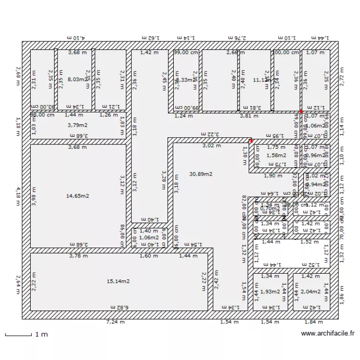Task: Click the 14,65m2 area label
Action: [78, 196]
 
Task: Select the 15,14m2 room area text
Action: [118, 281]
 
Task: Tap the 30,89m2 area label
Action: [201, 174]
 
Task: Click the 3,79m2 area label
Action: [78, 125]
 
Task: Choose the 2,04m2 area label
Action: [311, 291]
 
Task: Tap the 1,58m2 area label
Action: [276, 156]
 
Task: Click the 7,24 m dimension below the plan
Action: [115, 322]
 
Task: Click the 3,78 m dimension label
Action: [78, 256]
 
